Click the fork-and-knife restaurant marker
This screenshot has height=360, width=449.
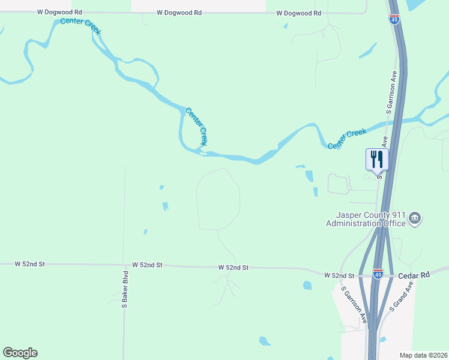pyautogui.click(x=377, y=160)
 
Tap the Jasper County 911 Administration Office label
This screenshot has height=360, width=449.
pyautogui.click(x=366, y=220)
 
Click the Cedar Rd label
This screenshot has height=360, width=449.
pyautogui.click(x=414, y=275)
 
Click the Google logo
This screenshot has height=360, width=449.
pyautogui.click(x=20, y=353)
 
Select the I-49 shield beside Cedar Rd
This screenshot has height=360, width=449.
pyautogui.click(x=378, y=274)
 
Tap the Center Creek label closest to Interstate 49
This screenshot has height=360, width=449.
pyautogui.click(x=347, y=139)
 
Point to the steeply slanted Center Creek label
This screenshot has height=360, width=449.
pyautogui.click(x=196, y=127)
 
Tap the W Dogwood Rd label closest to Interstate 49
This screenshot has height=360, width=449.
pyautogui.click(x=298, y=13)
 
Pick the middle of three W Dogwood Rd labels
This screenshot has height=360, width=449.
pyautogui.click(x=179, y=13)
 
